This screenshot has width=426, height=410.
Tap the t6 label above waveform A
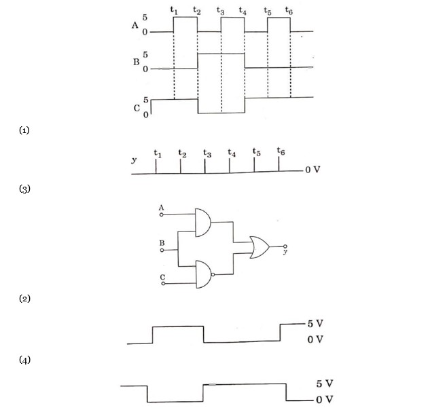290,11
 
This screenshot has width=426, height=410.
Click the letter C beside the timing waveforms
137,107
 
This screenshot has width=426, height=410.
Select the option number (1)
24,129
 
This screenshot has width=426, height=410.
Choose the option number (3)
24,188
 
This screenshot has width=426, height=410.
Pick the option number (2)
24,298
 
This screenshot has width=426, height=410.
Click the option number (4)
24,360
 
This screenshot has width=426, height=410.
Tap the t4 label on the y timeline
232,153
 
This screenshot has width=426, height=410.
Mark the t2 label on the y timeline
181,153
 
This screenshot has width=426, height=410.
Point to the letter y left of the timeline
134,161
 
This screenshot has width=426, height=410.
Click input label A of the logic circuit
161,206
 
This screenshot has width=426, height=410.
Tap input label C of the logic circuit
162,277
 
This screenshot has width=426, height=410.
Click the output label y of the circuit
286,252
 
